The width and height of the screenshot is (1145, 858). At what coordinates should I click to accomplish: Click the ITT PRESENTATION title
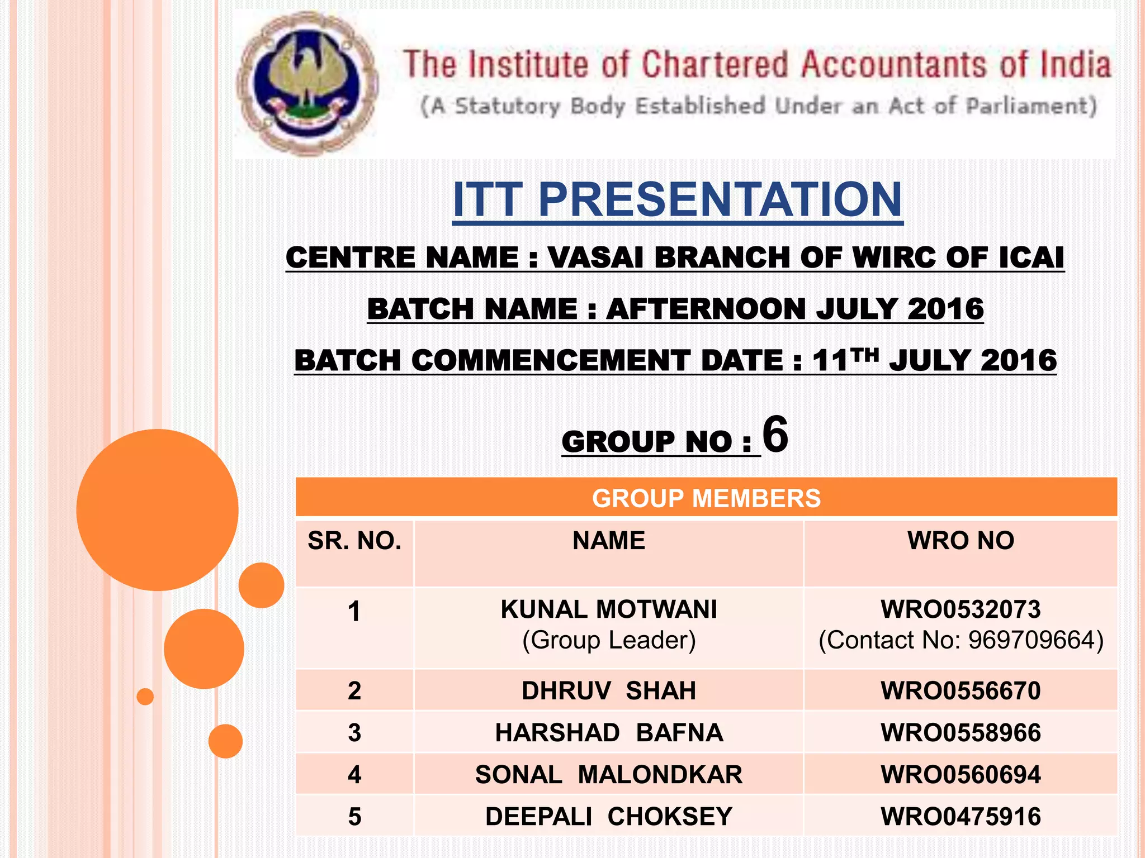[677, 199]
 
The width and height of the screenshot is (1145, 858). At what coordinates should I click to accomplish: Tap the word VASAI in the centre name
[595, 258]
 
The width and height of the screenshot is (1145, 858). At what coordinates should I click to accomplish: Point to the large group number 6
[775, 434]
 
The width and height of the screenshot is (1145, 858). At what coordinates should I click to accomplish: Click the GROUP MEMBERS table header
[706, 498]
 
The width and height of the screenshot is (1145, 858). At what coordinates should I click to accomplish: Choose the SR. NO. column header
[354, 541]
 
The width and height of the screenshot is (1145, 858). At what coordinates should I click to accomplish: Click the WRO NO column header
[961, 541]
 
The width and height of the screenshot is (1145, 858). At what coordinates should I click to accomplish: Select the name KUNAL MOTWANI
[608, 609]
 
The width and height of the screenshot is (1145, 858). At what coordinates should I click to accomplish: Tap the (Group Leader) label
[608, 640]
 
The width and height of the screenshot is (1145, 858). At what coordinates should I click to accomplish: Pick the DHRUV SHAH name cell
[608, 691]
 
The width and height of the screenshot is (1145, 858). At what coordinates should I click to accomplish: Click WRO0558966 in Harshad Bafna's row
[961, 733]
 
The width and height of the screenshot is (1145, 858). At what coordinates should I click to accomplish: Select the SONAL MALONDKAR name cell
[608, 775]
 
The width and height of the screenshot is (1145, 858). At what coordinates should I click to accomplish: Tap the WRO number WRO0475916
[961, 817]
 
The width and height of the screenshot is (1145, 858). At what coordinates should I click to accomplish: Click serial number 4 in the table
[354, 775]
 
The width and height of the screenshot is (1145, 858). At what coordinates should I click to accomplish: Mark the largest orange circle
[157, 509]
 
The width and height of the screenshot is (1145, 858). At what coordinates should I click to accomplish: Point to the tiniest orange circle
[145, 697]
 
